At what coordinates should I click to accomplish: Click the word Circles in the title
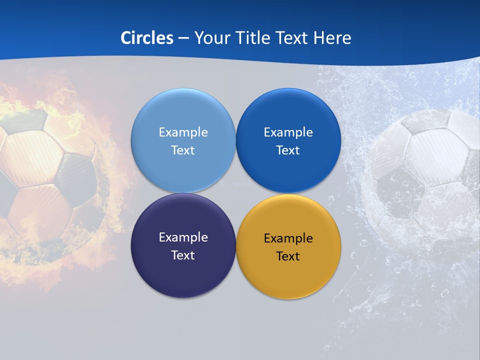tap(146, 38)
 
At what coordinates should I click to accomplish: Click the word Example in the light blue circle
tap(183, 132)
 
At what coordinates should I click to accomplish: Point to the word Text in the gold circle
tap(288, 256)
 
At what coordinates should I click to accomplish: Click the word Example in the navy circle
tap(183, 237)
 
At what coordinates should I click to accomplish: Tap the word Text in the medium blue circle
tap(288, 150)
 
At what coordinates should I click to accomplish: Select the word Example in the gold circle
tap(288, 238)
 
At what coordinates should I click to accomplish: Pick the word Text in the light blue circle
tap(183, 150)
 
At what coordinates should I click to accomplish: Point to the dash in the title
tap(183, 38)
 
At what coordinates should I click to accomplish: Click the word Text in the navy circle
tap(183, 255)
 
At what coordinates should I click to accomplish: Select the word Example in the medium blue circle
tap(288, 132)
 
